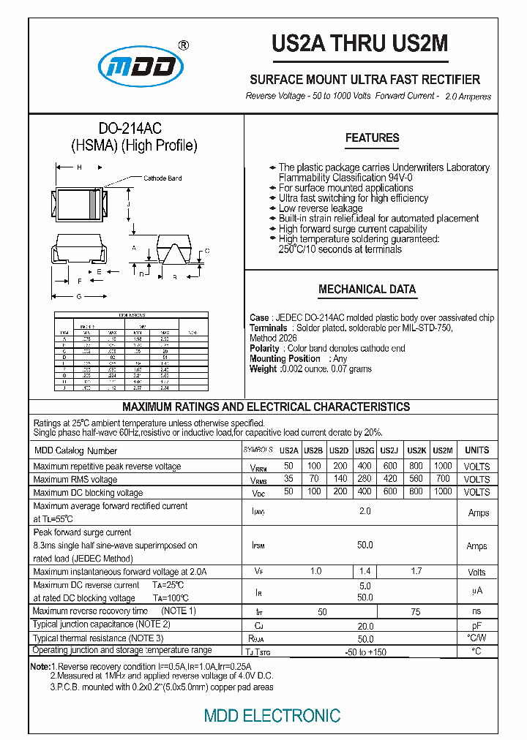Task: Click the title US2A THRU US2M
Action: click(359, 45)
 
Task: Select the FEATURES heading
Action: click(372, 138)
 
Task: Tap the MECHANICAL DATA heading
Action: click(367, 290)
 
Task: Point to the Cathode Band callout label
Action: click(162, 178)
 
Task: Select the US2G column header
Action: click(365, 451)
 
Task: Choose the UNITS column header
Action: click(476, 451)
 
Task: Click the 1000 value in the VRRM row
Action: click(442, 466)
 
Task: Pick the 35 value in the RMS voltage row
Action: click(288, 479)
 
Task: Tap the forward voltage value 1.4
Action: click(365, 572)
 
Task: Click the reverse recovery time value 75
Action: click(415, 611)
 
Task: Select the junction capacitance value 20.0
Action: click(365, 625)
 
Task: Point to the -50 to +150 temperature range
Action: click(365, 652)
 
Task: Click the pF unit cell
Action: click(476, 626)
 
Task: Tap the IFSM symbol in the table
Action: click(258, 545)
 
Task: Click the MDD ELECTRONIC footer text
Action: click(272, 715)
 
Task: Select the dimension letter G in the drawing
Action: click(79, 296)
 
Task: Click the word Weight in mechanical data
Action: click(263, 369)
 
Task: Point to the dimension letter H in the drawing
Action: click(79, 168)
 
